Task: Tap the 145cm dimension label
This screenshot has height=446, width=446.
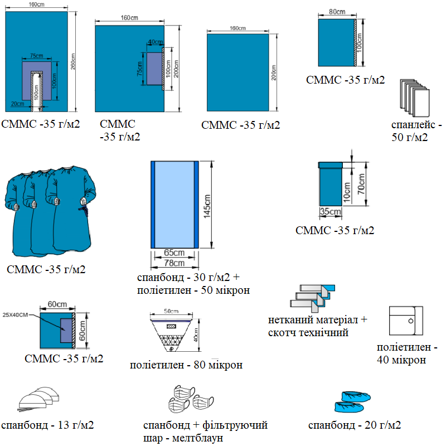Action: (207, 205)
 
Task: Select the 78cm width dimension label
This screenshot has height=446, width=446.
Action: (174, 263)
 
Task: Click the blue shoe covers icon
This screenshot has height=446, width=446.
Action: (352, 399)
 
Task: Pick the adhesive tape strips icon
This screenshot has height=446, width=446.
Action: (313, 297)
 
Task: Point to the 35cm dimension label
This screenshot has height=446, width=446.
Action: (330, 212)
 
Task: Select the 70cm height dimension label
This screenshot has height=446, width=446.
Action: (361, 185)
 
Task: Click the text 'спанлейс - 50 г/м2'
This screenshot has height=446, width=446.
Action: (416, 130)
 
